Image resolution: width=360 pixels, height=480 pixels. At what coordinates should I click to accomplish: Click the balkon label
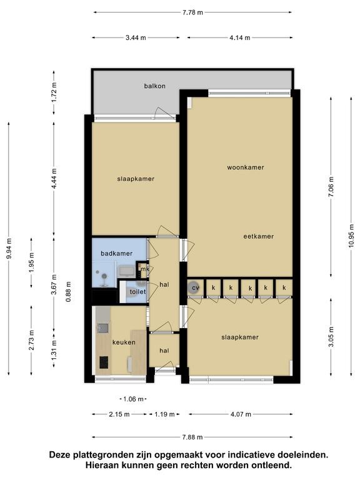click(x=154, y=86)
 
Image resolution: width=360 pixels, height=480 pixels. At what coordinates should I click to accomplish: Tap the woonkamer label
click(x=246, y=167)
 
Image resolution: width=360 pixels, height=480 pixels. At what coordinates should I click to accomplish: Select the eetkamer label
click(x=258, y=236)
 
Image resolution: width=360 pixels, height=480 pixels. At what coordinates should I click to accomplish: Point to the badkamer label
click(x=117, y=254)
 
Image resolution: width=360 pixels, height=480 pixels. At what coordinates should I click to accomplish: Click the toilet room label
click(x=137, y=292)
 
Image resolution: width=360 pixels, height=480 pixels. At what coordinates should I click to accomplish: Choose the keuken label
click(x=124, y=342)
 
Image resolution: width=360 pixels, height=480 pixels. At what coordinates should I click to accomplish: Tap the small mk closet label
click(x=144, y=269)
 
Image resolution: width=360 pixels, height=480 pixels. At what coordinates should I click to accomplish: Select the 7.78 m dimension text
click(x=193, y=12)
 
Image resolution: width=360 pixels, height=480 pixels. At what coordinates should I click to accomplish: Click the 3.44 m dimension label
click(x=136, y=37)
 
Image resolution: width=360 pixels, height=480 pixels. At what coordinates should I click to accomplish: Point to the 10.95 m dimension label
click(x=351, y=237)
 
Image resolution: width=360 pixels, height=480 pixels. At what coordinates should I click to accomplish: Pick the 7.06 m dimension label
click(x=331, y=187)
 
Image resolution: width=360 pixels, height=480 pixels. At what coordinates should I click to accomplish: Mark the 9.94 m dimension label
click(x=9, y=248)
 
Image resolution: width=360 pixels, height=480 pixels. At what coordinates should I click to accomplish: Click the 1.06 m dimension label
click(x=133, y=399)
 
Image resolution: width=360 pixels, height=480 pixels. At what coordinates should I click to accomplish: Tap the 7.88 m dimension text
click(x=192, y=437)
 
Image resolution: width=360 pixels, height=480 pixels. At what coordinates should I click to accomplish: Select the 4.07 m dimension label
click(x=241, y=414)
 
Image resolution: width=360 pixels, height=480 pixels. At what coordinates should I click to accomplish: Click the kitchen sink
click(x=102, y=328)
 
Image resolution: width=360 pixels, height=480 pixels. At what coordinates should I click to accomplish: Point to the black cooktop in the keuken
click(x=104, y=362)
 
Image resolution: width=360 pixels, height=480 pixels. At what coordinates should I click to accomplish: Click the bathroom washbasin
click(x=126, y=271)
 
